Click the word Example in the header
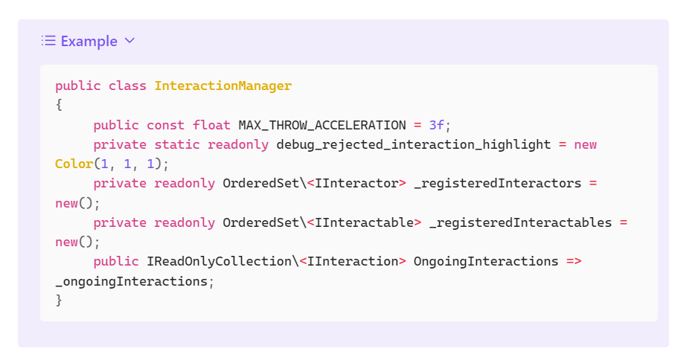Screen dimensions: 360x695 click(89, 41)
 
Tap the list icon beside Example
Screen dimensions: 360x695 click(48, 41)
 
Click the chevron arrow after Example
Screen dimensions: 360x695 click(130, 41)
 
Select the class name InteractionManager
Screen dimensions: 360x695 click(223, 86)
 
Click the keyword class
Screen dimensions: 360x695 click(127, 86)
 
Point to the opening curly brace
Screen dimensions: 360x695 click(59, 105)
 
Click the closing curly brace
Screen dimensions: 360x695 click(59, 300)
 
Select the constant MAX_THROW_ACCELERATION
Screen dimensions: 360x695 click(322, 125)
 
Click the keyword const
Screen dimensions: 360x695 click(166, 125)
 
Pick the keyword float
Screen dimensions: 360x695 click(211, 125)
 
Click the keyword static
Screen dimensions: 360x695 click(177, 144)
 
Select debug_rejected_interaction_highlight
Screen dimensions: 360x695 click(414, 144)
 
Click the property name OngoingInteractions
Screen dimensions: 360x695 click(486, 261)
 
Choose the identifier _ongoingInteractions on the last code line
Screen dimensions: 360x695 click(131, 281)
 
